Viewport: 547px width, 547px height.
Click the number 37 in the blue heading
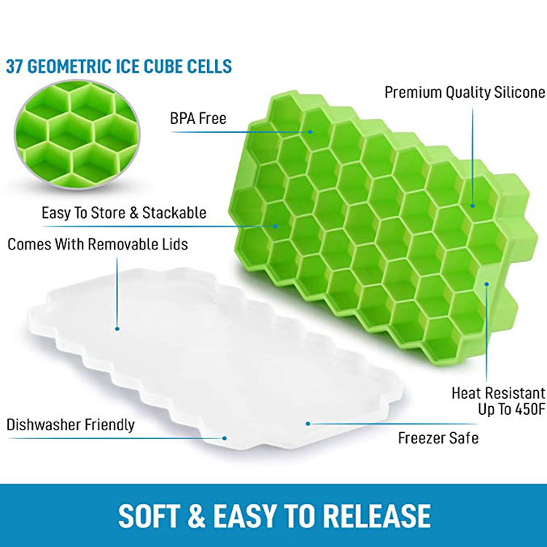coord(14,66)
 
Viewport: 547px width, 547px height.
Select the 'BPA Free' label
coord(198,119)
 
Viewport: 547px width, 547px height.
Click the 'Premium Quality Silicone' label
coord(465,93)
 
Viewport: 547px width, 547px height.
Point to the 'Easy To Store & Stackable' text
coord(124,213)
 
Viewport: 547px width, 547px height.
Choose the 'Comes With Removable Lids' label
coord(98,244)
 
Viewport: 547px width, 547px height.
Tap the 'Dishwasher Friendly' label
coord(71,425)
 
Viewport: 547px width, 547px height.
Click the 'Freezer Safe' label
coord(438,438)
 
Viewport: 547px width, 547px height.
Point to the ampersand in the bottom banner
coord(197,516)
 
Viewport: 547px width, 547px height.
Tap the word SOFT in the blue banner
coord(148,516)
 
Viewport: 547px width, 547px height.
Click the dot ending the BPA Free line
coord(310,132)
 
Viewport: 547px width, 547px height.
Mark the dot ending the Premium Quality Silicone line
coord(473,206)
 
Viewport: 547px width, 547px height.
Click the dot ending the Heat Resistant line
coord(486,284)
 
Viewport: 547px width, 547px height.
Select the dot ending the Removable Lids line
coord(117,329)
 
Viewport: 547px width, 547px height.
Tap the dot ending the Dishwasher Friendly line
coord(225,438)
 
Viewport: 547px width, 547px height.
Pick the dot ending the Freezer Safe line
coord(308,424)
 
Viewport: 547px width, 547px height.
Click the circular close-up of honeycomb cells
coord(77,134)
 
